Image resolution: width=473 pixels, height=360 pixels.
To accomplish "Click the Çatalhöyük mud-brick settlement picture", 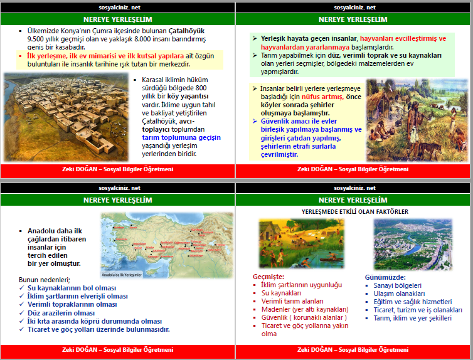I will coord(65,117).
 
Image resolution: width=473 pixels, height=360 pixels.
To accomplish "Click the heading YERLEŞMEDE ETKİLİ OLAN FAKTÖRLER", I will coord(354,212).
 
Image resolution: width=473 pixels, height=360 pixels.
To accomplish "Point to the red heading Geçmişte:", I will coord(268,277).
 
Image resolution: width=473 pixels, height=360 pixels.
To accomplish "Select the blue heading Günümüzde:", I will coord(385,277).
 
